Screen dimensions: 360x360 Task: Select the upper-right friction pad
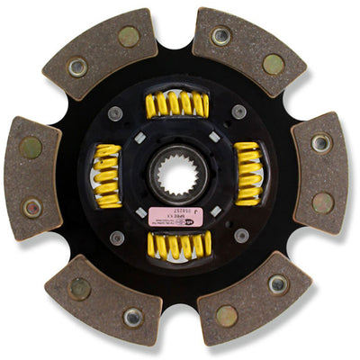247,49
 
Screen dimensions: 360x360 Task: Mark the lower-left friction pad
104,301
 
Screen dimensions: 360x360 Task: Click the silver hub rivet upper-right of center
238,112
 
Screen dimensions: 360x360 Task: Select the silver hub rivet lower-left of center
117,237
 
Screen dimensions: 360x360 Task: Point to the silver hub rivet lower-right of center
240,236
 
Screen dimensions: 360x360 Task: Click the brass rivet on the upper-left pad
129,37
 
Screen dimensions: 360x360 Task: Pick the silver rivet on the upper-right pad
220,37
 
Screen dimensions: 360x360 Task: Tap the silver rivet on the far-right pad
320,142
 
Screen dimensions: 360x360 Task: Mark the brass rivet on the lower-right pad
226,316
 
